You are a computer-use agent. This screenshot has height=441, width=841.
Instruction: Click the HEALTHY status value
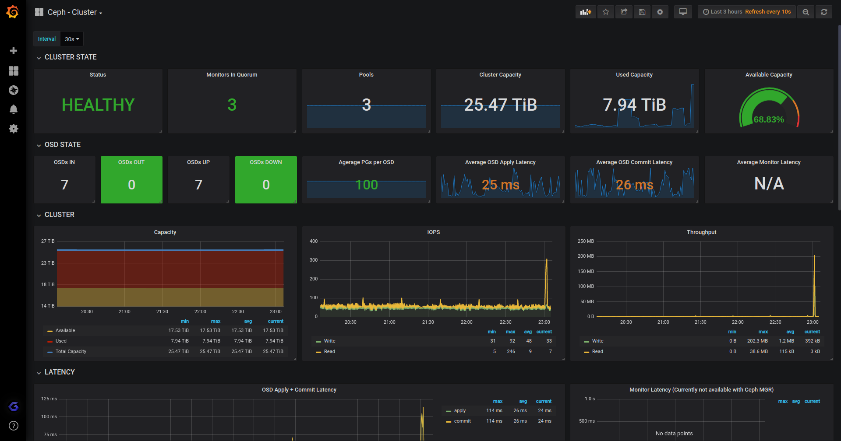click(98, 105)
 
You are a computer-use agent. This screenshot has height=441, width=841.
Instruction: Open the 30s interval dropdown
click(72, 39)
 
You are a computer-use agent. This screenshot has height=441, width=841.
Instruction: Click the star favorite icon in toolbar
click(606, 12)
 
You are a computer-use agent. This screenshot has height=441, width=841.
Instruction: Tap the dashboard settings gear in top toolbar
click(660, 12)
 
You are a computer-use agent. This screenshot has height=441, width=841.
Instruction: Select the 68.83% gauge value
click(768, 119)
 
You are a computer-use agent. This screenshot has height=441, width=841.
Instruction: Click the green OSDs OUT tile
click(131, 180)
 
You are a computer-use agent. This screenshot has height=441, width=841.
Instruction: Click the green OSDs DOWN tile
click(266, 180)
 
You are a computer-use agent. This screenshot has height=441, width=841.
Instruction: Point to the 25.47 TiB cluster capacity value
click(500, 105)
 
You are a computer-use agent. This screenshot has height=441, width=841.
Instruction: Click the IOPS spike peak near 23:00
click(547, 259)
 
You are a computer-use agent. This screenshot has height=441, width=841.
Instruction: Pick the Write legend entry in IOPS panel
click(329, 341)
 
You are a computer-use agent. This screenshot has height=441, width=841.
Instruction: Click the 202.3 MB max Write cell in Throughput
click(757, 341)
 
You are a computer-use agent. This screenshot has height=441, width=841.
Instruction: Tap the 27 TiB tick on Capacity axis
click(48, 241)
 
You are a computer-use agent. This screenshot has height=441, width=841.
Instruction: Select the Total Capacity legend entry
click(71, 352)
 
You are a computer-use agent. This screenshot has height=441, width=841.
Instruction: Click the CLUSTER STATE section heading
click(71, 57)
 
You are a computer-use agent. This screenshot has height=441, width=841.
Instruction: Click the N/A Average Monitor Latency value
click(769, 184)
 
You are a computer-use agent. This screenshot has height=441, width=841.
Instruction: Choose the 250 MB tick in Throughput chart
click(586, 241)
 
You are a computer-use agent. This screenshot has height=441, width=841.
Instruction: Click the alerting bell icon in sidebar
click(14, 109)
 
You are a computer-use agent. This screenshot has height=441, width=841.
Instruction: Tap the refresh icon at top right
click(824, 12)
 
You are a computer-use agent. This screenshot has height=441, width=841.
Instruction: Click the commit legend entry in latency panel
click(462, 421)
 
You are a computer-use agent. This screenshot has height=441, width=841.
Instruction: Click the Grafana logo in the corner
click(13, 12)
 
